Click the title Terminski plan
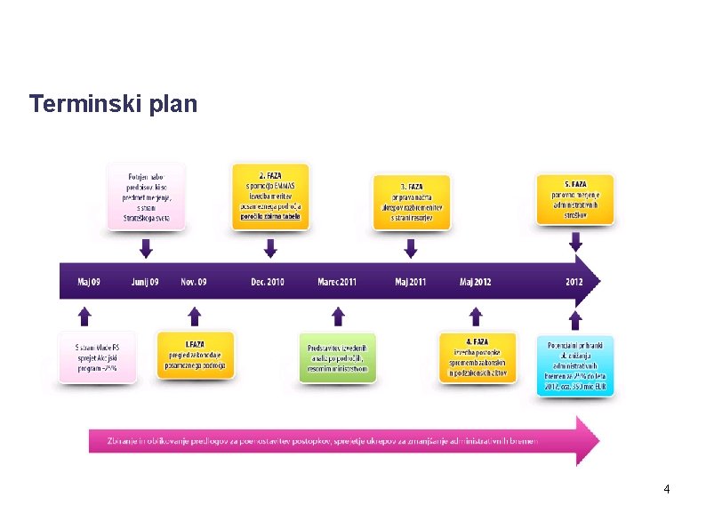coord(113,104)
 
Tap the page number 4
coord(666,490)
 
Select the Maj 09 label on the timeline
coord(89,282)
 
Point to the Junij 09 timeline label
coord(144,282)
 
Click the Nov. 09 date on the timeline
coord(193,282)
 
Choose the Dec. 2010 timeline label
coord(268,282)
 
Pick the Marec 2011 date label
coord(337,282)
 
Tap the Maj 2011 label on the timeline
coord(410,282)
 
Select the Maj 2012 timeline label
coord(475,282)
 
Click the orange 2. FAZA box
coord(269,196)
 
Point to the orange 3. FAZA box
coord(411,202)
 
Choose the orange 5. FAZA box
coord(575,200)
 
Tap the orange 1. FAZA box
coord(196,355)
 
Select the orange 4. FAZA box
coord(477,356)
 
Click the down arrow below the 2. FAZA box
coord(269,246)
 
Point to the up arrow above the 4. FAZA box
coord(476,316)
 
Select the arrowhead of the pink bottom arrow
coord(588,440)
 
